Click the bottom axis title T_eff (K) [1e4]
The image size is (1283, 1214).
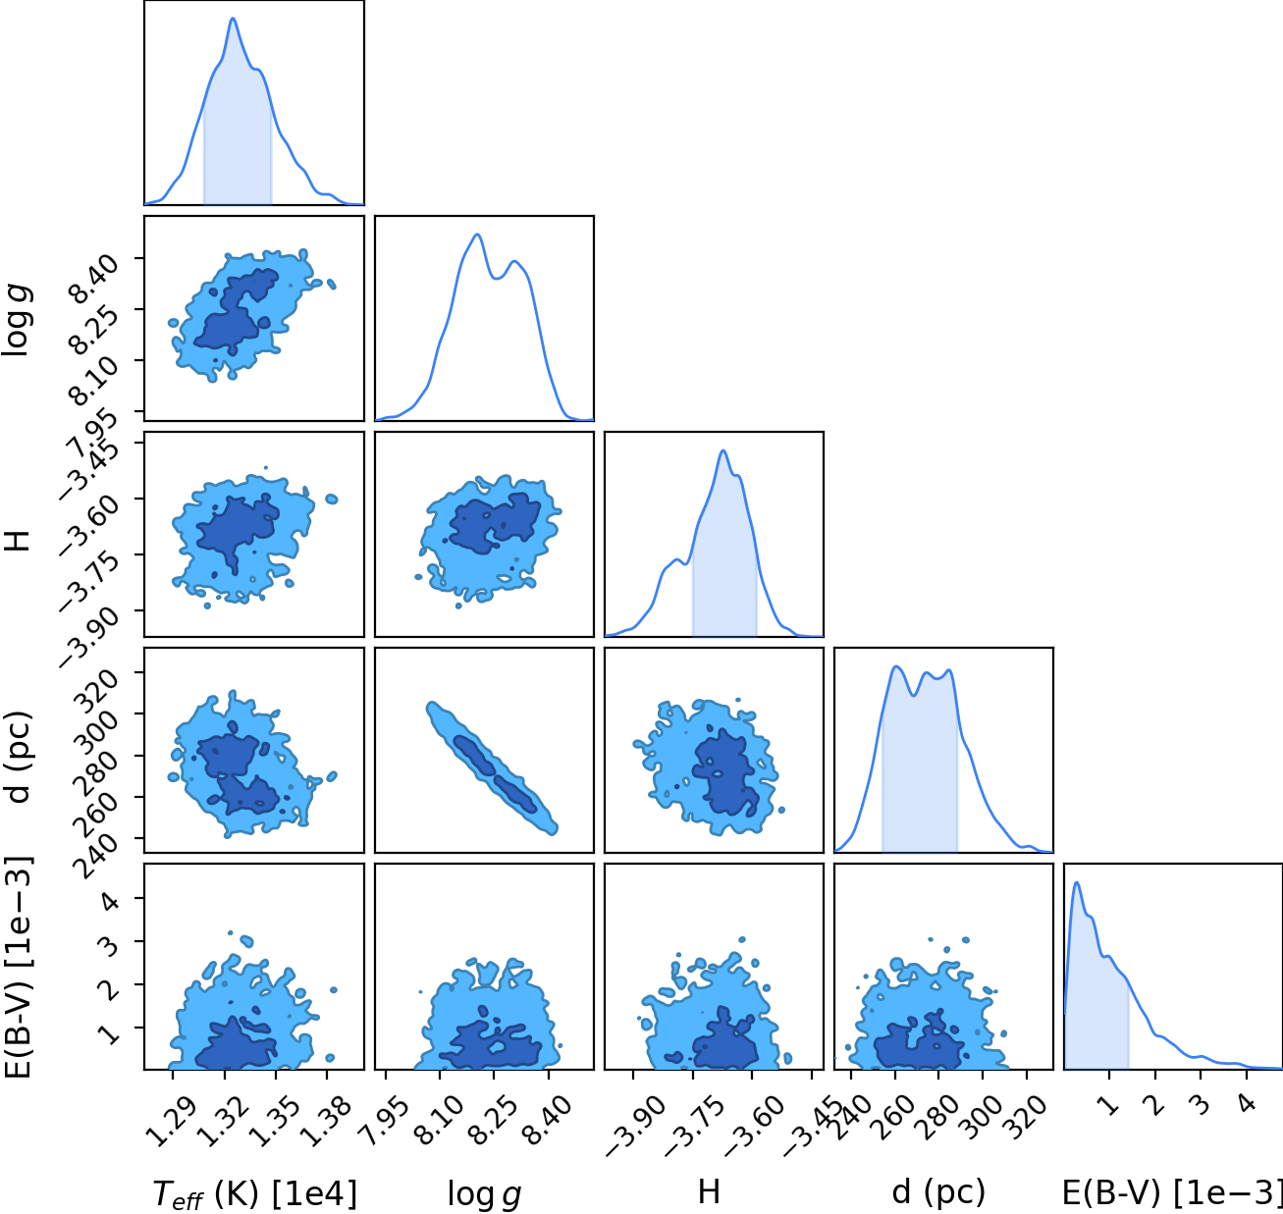pyautogui.click(x=255, y=1193)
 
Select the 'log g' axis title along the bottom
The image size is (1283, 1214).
pyautogui.click(x=484, y=1194)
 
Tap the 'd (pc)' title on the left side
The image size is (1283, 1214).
pyautogui.click(x=20, y=757)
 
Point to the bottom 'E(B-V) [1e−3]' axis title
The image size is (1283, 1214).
pyautogui.click(x=1172, y=1192)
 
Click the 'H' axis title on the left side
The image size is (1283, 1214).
pyautogui.click(x=18, y=541)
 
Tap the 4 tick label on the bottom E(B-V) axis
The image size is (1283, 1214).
pyautogui.click(x=1247, y=1104)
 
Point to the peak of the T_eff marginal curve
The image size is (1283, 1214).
pyautogui.click(x=233, y=19)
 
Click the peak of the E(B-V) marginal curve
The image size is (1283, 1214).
pyautogui.click(x=1076, y=882)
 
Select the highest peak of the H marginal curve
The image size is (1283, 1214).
pyautogui.click(x=722, y=450)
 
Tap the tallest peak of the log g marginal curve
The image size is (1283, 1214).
pyautogui.click(x=478, y=235)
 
